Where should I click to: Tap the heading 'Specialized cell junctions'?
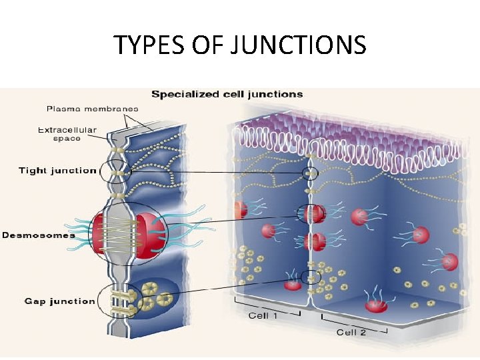tap(227, 94)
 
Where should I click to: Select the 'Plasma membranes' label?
tap(93, 109)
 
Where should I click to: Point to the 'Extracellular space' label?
tap(67, 134)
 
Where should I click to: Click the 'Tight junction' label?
tap(57, 171)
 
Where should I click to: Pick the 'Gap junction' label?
tap(59, 301)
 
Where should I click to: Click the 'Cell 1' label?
tap(263, 315)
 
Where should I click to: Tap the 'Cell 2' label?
tap(351, 331)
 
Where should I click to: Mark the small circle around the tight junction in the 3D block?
tap(309, 175)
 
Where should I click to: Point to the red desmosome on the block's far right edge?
tap(450, 262)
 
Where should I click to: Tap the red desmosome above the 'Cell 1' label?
tap(293, 285)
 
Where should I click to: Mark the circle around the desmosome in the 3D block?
tap(311, 214)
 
